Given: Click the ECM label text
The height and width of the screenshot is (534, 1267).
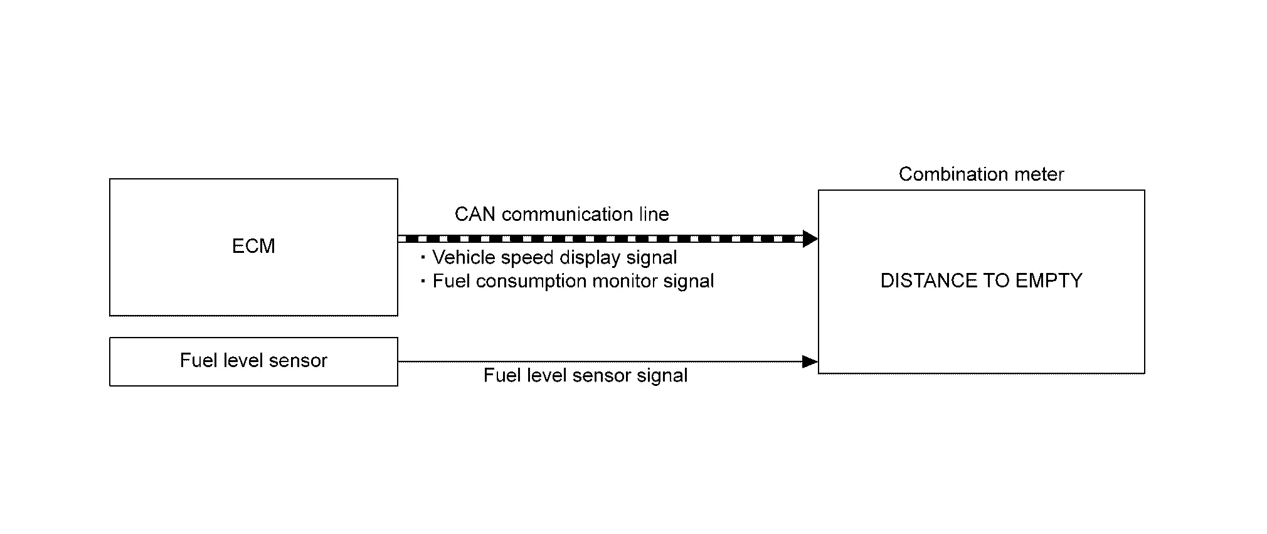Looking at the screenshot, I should tap(253, 246).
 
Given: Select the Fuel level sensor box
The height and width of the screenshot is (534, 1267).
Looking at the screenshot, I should tap(253, 361).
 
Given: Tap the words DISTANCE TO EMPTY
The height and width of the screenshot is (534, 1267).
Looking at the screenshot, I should tap(981, 280).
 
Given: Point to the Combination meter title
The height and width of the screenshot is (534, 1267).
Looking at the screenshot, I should tap(981, 174).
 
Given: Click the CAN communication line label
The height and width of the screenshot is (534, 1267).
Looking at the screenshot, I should tap(561, 215).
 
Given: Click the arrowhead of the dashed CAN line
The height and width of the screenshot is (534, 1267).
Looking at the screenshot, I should tap(810, 238).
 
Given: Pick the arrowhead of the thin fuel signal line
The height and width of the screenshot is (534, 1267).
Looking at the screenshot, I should tap(810, 361).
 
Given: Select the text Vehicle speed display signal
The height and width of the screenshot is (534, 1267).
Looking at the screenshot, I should tap(554, 258).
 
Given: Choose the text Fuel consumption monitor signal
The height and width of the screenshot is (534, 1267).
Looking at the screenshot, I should tap(573, 281).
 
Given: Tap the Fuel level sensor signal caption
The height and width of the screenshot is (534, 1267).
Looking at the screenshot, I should tap(585, 376).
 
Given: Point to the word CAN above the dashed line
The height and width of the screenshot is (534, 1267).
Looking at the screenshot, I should tap(475, 215).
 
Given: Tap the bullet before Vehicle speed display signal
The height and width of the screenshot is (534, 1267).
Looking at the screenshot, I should tap(423, 257).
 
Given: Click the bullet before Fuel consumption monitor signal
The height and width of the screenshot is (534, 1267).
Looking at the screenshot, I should tap(423, 280).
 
